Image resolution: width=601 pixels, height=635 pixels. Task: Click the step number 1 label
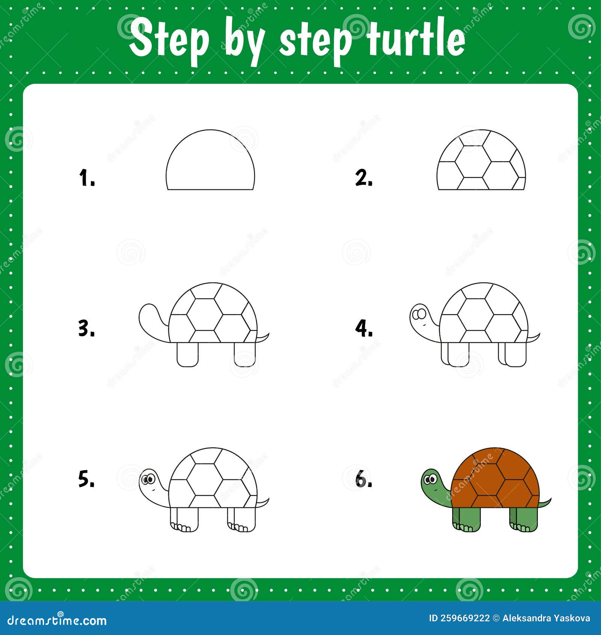(86, 178)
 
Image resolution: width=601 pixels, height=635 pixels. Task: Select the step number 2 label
(364, 178)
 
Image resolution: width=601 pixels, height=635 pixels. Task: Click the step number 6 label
(364, 480)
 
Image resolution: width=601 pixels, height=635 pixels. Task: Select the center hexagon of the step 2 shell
(473, 162)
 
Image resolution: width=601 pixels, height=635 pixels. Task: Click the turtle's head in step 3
(150, 316)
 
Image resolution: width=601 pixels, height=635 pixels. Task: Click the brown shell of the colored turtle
(496, 477)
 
